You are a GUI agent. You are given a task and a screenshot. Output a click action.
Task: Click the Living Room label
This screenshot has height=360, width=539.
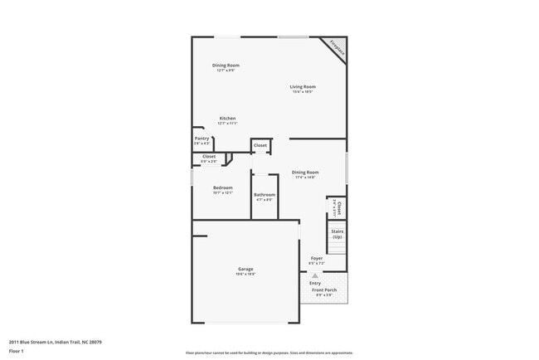click(x=303, y=86)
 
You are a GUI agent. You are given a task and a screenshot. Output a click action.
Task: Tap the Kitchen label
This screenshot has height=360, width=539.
click(x=227, y=118)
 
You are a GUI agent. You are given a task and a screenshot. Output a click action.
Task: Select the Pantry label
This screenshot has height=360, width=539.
click(x=202, y=139)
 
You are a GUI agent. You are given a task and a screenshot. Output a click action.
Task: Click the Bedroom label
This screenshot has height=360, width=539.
click(x=222, y=187)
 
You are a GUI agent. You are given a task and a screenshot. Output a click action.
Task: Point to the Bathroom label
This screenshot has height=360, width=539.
click(x=265, y=194)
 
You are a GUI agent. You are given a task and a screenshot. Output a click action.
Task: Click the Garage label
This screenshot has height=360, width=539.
click(x=245, y=269)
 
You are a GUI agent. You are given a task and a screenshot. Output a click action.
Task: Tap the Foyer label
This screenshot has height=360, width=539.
click(x=316, y=258)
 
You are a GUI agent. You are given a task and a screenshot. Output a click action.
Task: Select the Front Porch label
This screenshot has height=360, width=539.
click(x=323, y=289)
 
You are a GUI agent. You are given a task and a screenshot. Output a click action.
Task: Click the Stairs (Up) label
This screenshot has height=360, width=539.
click(x=337, y=234)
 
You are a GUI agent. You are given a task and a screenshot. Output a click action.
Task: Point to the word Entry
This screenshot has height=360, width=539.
click(x=315, y=283)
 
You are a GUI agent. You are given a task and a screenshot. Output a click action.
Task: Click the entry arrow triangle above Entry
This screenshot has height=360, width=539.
click(x=315, y=275)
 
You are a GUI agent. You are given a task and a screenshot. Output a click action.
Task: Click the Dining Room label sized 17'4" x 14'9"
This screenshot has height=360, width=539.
click(x=305, y=172)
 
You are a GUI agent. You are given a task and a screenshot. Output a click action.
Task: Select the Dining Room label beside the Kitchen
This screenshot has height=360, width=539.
click(x=226, y=65)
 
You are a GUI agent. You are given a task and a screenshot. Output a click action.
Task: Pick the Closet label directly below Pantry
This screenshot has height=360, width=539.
click(x=208, y=156)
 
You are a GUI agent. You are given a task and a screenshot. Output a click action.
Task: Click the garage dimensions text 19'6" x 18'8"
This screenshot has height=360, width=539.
click(x=245, y=275)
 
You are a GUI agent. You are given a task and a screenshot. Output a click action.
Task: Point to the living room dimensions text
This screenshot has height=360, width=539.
click(x=303, y=92)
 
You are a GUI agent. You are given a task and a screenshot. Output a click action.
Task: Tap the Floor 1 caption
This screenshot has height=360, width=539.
click(x=17, y=351)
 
